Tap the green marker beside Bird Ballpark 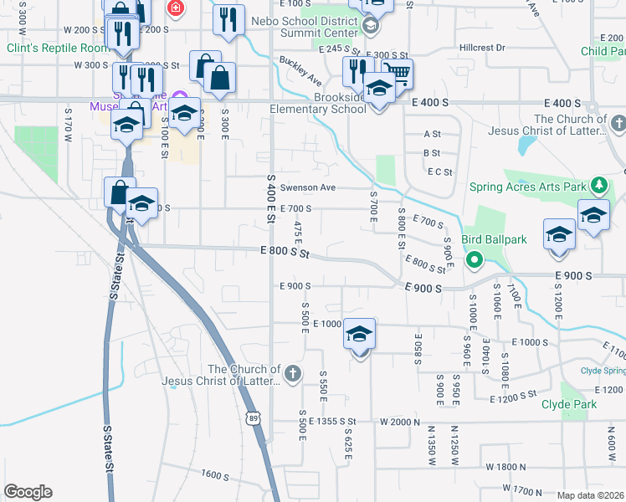[473, 259]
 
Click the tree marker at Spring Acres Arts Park [598, 185]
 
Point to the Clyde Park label [593, 404]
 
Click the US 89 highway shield [253, 416]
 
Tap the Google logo [28, 492]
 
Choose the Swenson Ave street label [307, 187]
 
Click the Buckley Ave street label [300, 71]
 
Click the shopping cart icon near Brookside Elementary [398, 73]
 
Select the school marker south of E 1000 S [359, 335]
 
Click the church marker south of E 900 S [292, 373]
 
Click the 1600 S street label [214, 474]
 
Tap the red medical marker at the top [176, 9]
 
